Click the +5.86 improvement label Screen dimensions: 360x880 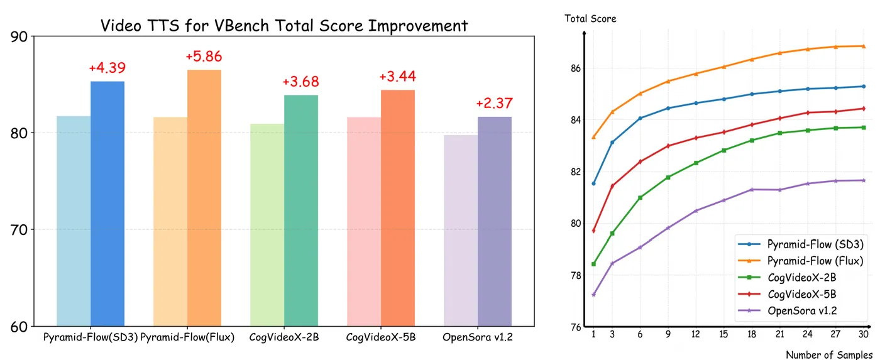tap(204, 57)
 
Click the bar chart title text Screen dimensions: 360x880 tap(284, 26)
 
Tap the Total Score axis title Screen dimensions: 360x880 tap(590, 19)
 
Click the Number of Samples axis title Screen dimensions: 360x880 tap(828, 355)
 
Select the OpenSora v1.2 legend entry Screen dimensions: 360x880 tap(802, 310)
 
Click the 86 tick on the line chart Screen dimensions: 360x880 tap(574, 68)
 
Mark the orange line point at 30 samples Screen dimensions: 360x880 tap(864, 46)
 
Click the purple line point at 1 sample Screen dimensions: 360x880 tap(593, 295)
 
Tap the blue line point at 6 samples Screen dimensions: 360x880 tap(640, 118)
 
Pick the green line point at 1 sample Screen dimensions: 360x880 tap(593, 264)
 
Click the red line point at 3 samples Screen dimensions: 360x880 tap(612, 186)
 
